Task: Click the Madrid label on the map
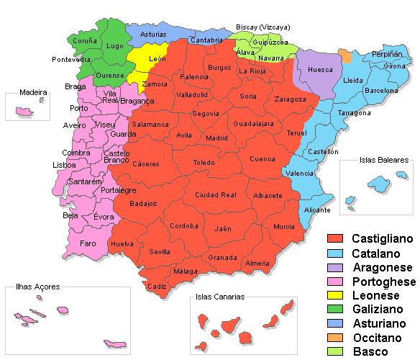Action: [x=216, y=138]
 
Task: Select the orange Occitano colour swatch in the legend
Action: [x=336, y=337]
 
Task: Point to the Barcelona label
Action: [x=381, y=91]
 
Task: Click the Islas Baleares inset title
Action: [x=384, y=161]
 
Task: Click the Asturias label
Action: [x=152, y=35]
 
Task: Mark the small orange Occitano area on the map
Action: [x=346, y=56]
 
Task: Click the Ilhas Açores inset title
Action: [x=37, y=287]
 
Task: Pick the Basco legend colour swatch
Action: [x=336, y=351]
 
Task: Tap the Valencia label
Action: [x=298, y=174]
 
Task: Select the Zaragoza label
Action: [x=291, y=99]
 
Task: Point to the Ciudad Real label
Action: [x=216, y=195]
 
